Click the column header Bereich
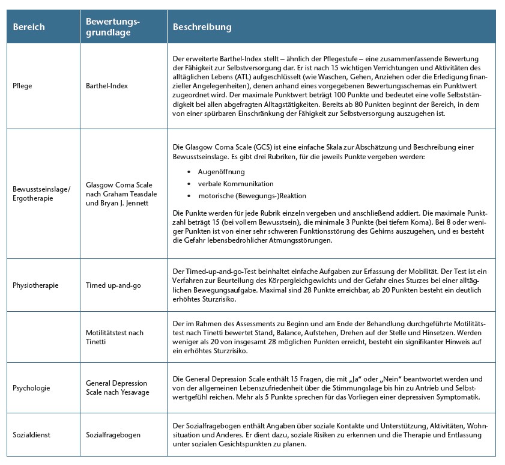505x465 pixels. pyautogui.click(x=29, y=27)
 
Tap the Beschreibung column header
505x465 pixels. pyautogui.click(x=202, y=27)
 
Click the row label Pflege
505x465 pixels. pyautogui.click(x=22, y=86)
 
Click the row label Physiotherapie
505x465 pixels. pyautogui.click(x=35, y=285)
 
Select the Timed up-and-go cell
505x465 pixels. pyautogui.click(x=113, y=285)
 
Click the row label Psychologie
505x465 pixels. pyautogui.click(x=31, y=387)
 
